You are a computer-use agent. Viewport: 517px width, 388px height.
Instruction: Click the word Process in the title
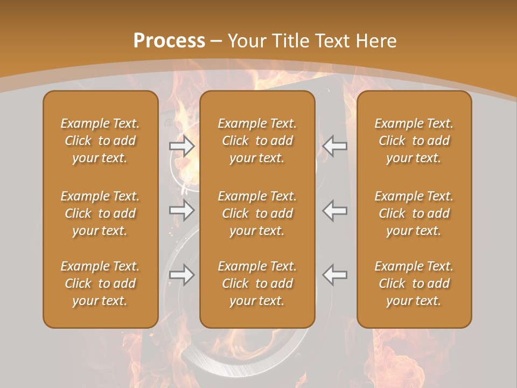169,41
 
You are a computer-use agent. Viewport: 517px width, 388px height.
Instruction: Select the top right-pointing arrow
182,146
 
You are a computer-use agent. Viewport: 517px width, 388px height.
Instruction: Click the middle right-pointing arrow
182,210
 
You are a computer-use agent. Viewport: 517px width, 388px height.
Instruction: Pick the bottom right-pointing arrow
182,274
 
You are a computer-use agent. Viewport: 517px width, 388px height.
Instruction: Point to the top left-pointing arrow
335,146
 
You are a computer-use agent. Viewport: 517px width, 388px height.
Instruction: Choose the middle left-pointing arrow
335,210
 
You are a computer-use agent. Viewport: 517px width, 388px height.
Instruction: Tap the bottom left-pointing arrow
335,274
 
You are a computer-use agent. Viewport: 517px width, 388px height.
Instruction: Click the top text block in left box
100,141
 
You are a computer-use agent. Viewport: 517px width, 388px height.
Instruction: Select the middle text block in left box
100,213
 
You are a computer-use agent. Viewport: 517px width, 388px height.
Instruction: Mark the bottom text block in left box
100,283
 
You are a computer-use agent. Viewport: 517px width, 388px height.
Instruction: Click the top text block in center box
257,141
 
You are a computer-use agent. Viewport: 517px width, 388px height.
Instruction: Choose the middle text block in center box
257,213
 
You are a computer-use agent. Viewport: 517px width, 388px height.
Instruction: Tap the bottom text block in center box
257,283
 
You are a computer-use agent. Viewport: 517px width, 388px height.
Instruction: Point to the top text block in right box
414,141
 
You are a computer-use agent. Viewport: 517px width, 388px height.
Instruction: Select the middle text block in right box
414,213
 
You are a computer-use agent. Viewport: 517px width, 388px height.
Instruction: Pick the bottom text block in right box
414,283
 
